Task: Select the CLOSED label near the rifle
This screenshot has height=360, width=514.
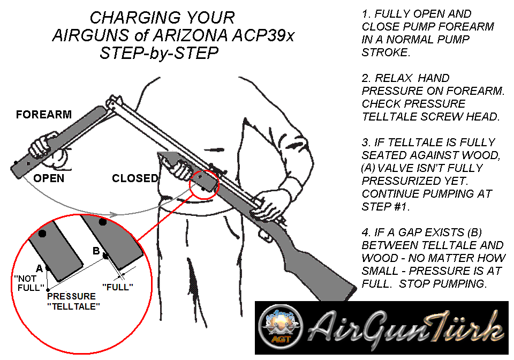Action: click(135, 178)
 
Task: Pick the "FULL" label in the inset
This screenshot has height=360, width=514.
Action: click(118, 287)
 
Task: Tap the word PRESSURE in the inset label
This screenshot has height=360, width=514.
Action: click(71, 296)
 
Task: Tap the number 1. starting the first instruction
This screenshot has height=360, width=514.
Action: click(366, 13)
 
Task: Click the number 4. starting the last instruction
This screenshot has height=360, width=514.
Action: click(366, 232)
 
